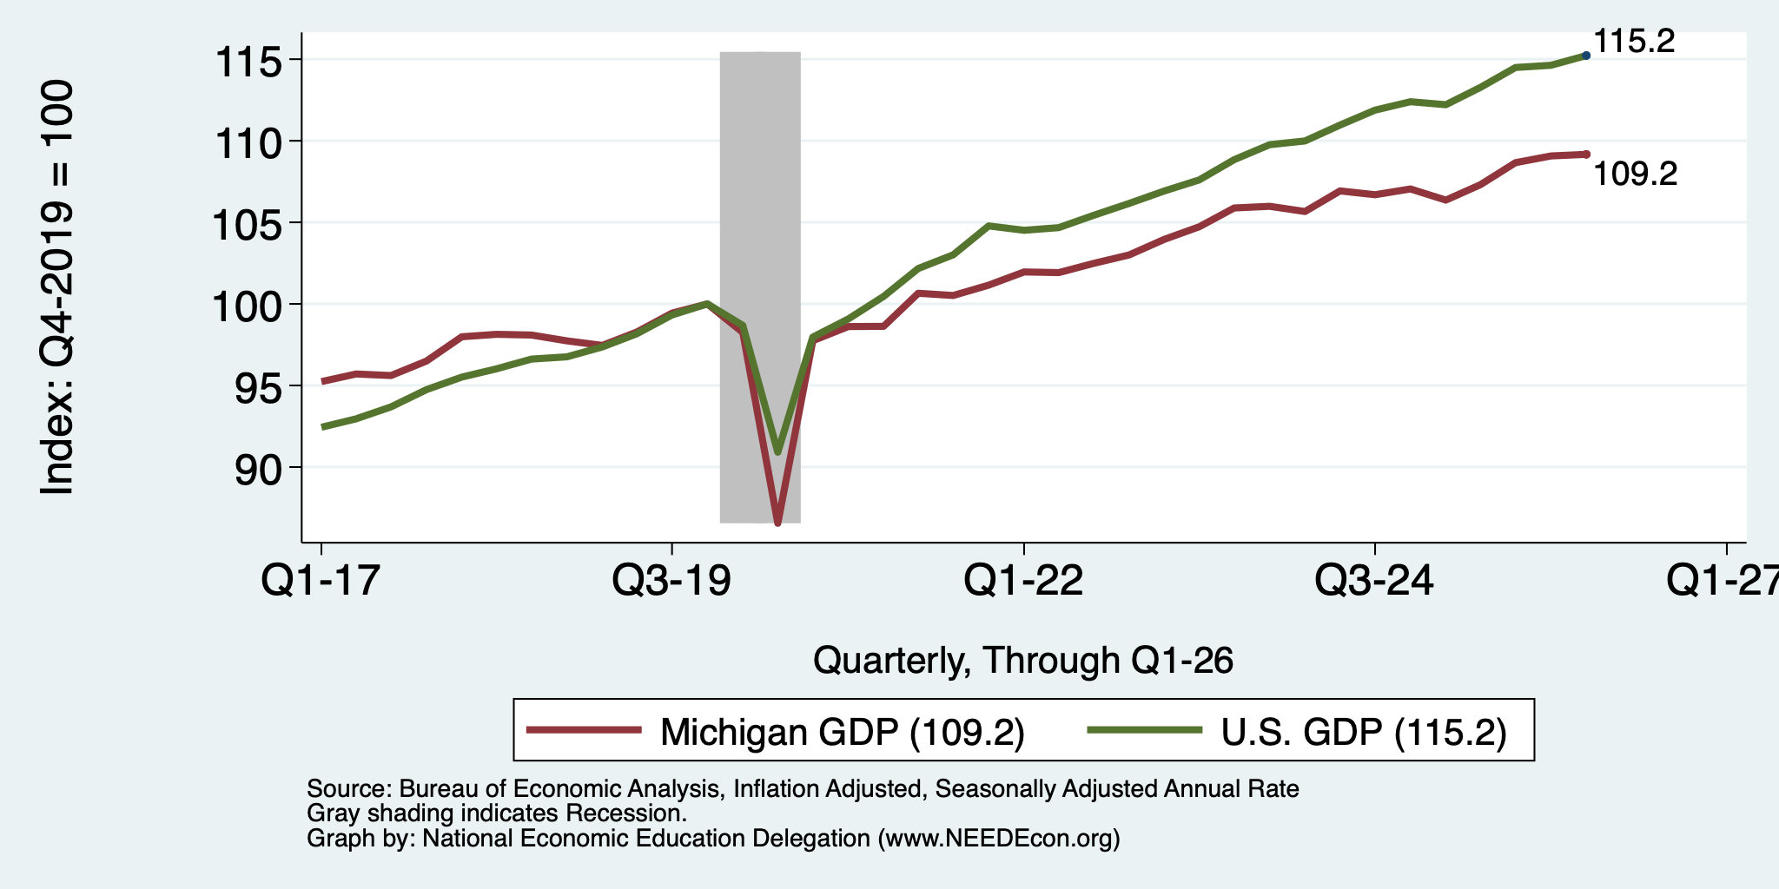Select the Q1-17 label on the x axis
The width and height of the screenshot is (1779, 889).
(321, 581)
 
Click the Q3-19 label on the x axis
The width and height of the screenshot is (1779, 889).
(671, 581)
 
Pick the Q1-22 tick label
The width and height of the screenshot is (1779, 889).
(1023, 581)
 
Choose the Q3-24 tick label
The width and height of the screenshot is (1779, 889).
(1374, 581)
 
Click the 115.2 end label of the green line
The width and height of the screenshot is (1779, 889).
(1634, 41)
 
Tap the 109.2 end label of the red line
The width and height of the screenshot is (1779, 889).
(1636, 175)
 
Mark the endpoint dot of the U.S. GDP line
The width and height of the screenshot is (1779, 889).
(1586, 56)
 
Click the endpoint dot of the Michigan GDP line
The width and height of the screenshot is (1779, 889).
(1586, 155)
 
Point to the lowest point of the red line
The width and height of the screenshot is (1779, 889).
(777, 524)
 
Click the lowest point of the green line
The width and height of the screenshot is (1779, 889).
(777, 451)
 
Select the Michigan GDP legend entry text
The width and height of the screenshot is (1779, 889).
(843, 732)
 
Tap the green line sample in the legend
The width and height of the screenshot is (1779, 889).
(1145, 730)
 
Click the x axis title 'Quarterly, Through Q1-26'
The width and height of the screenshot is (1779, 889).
(1023, 661)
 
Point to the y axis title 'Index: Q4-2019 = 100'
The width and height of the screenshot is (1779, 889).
(57, 287)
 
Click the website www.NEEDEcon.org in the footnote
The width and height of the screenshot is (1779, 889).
(995, 839)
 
